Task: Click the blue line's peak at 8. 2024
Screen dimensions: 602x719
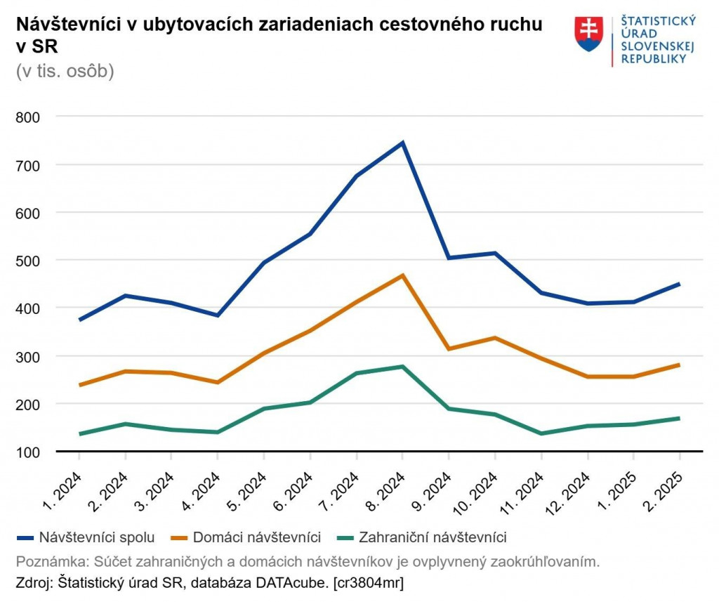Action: tap(402, 143)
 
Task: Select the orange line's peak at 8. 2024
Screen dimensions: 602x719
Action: tap(402, 275)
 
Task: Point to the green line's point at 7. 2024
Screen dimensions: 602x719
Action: tap(356, 373)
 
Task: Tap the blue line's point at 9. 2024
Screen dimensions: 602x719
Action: tap(449, 258)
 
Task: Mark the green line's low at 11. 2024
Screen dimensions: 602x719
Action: tap(541, 433)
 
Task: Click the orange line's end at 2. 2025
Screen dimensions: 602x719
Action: tap(679, 365)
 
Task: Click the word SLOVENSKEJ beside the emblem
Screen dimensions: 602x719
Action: tap(658, 46)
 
